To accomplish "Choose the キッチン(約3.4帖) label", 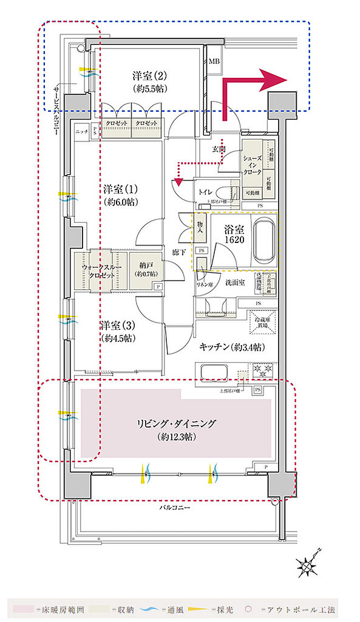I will pos(231,347).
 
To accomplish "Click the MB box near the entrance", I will pos(215,62).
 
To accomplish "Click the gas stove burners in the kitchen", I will pos(263,368).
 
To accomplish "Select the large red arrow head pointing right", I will pos(275,80).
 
